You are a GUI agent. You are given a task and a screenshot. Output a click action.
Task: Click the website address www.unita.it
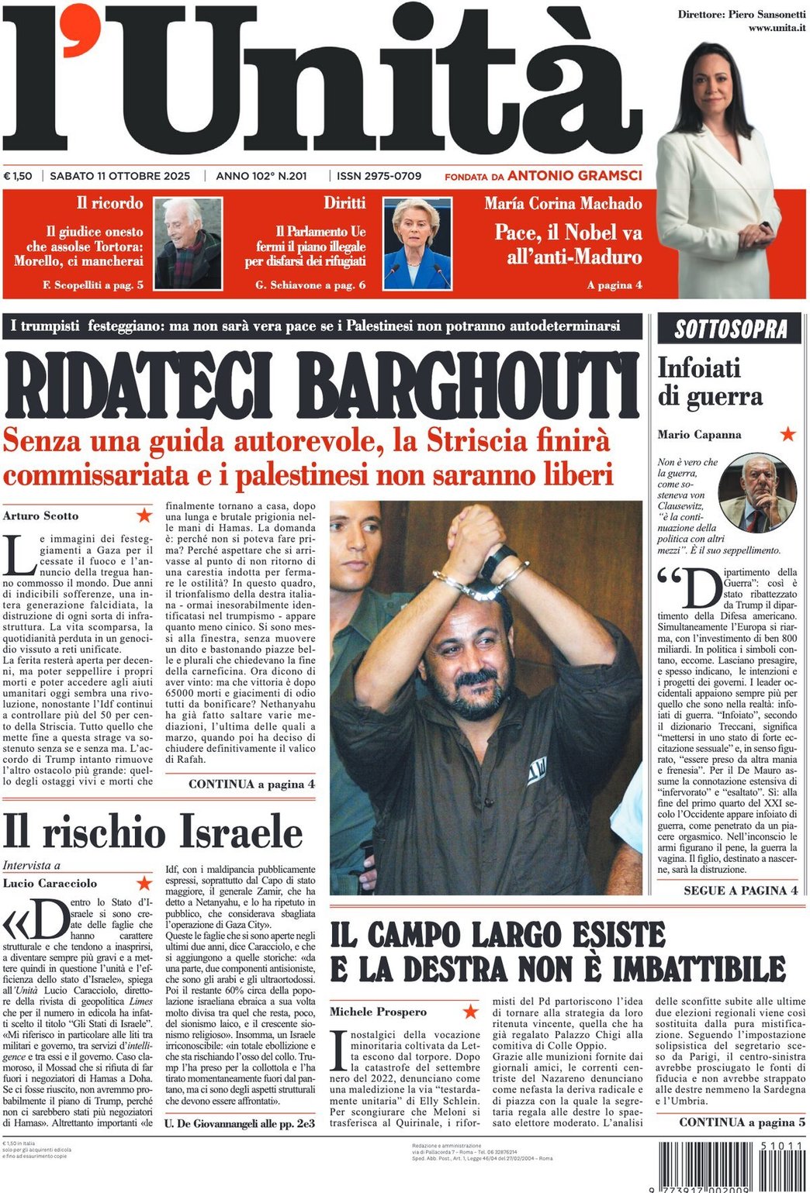[776, 29]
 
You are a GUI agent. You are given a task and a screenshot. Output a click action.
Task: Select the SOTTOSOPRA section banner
[730, 329]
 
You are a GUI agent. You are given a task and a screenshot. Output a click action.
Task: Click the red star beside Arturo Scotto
[144, 515]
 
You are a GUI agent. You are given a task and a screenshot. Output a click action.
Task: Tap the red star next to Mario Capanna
[788, 434]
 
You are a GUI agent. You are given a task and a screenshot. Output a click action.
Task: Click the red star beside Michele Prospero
[470, 1011]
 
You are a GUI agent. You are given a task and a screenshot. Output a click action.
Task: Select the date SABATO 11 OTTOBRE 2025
[119, 176]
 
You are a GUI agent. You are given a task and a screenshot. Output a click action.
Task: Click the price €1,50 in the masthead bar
[18, 176]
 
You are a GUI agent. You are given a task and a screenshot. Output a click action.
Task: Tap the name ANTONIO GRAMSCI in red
[574, 176]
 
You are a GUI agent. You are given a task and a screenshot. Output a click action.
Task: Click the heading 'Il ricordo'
[109, 203]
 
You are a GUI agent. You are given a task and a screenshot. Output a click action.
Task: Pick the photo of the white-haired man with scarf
[188, 243]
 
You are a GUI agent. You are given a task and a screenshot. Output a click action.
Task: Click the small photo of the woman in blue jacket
[417, 243]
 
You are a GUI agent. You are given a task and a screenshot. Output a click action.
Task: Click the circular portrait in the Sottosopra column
[757, 493]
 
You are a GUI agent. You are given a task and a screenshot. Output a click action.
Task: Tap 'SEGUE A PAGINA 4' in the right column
[740, 891]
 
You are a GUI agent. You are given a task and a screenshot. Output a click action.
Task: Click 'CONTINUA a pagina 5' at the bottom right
[742, 1122]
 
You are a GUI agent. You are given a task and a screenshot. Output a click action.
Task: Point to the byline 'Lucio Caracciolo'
[50, 883]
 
